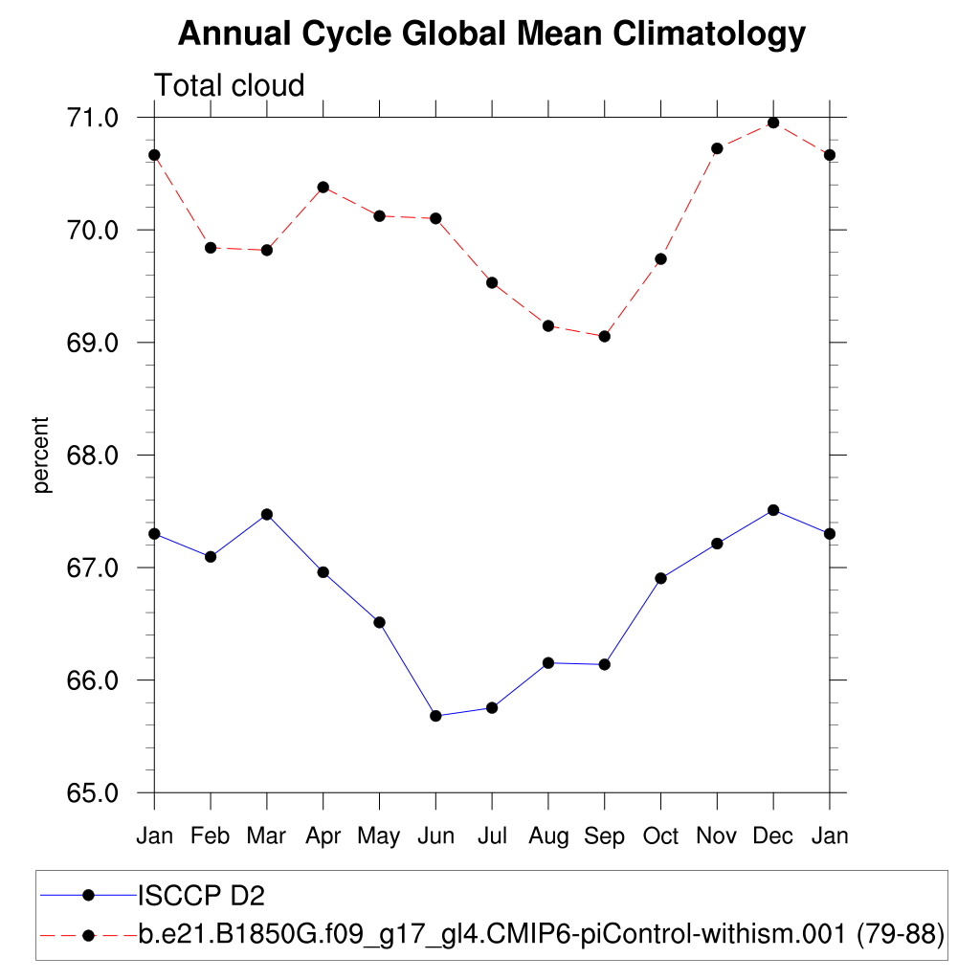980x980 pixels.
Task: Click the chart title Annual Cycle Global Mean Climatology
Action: [x=492, y=34]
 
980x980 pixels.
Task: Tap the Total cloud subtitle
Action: [x=230, y=86]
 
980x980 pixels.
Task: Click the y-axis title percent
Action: [x=41, y=455]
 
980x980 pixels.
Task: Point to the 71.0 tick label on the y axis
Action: [x=92, y=118]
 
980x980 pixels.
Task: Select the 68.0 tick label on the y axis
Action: [x=92, y=456]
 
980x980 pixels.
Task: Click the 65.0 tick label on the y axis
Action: [x=92, y=793]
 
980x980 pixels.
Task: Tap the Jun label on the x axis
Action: [x=435, y=836]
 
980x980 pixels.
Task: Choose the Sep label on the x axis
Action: [x=604, y=836]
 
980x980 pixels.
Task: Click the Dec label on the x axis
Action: [x=773, y=836]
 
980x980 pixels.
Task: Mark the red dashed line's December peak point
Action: [x=773, y=122]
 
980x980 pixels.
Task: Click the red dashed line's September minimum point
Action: [x=604, y=337]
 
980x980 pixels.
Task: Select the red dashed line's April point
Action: [x=323, y=187]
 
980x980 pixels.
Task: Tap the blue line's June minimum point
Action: [x=435, y=716]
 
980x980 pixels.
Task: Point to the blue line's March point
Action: [x=267, y=514]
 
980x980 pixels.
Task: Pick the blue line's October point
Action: [x=660, y=578]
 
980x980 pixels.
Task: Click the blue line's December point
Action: [x=773, y=510]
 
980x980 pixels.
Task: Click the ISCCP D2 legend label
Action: [x=201, y=896]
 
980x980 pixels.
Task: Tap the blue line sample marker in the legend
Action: [x=89, y=896]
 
